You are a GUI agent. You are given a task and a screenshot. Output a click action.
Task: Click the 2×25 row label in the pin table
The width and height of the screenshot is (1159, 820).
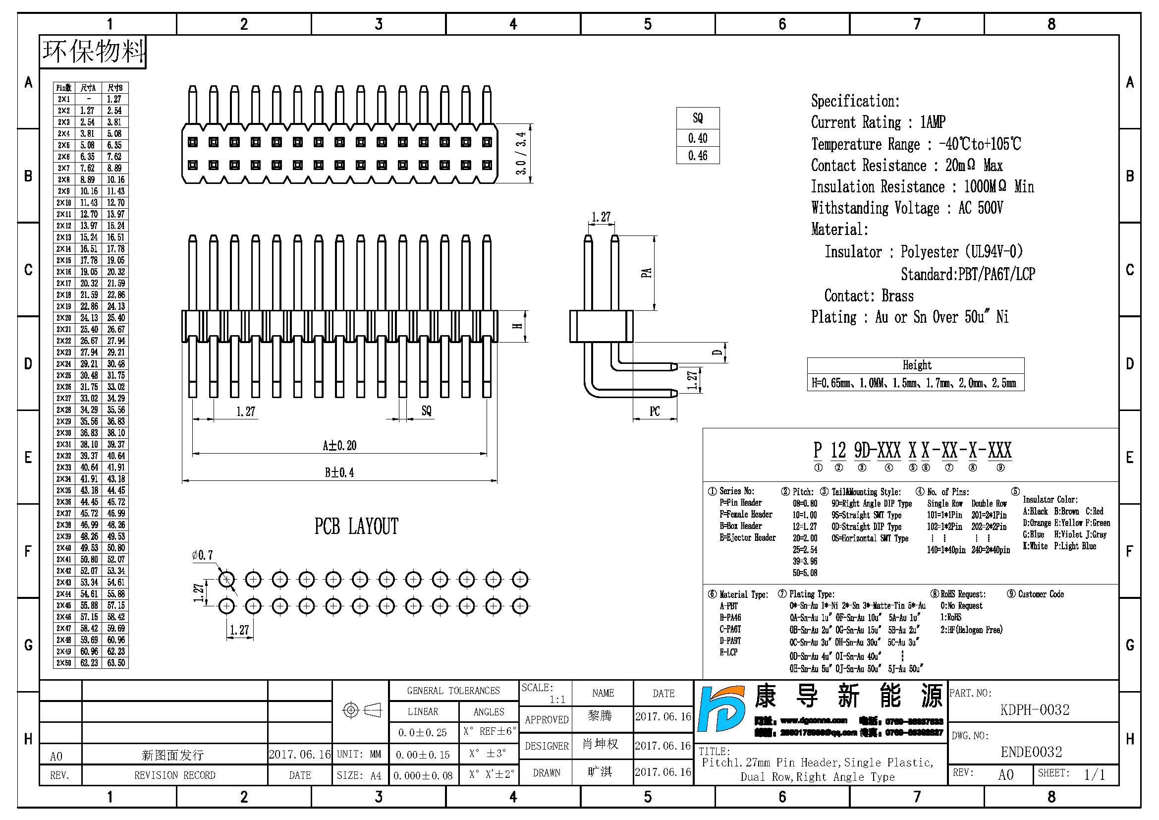pyautogui.click(x=63, y=376)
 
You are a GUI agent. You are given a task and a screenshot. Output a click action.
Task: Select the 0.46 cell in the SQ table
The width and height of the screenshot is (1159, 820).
pyautogui.click(x=698, y=156)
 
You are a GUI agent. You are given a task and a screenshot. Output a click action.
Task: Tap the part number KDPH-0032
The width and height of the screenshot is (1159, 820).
pyautogui.click(x=1034, y=710)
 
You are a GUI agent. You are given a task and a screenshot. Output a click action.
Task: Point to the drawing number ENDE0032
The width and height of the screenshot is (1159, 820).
pyautogui.click(x=1031, y=753)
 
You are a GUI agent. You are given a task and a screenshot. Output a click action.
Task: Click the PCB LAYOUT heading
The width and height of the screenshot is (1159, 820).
pyautogui.click(x=356, y=527)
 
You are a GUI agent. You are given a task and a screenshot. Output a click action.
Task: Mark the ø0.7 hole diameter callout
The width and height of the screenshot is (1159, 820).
pyautogui.click(x=203, y=555)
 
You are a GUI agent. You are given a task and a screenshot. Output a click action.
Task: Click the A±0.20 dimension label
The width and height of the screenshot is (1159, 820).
pyautogui.click(x=340, y=446)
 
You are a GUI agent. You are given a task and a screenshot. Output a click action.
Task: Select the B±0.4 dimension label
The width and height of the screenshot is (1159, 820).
pyautogui.click(x=339, y=473)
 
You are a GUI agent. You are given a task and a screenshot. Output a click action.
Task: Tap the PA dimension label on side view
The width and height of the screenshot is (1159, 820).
pyautogui.click(x=646, y=273)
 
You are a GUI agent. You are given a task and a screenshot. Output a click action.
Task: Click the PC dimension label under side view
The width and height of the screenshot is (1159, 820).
pyautogui.click(x=655, y=411)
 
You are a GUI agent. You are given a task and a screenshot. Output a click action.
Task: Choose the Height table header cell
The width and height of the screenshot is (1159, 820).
pyautogui.click(x=916, y=365)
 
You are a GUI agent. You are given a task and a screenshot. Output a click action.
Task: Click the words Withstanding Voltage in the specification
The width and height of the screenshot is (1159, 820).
pyautogui.click(x=875, y=208)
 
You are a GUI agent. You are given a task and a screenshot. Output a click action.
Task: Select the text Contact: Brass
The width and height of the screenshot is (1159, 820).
pyautogui.click(x=868, y=296)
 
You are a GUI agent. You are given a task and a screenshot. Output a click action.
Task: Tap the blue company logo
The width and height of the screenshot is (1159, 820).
pyautogui.click(x=721, y=709)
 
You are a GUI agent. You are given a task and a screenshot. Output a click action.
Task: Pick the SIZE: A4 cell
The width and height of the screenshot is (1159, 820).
pyautogui.click(x=359, y=775)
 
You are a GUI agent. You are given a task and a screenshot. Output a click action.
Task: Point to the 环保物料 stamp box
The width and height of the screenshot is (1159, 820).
pyautogui.click(x=93, y=52)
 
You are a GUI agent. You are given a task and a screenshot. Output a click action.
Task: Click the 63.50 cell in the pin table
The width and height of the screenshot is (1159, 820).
pyautogui.click(x=115, y=663)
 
